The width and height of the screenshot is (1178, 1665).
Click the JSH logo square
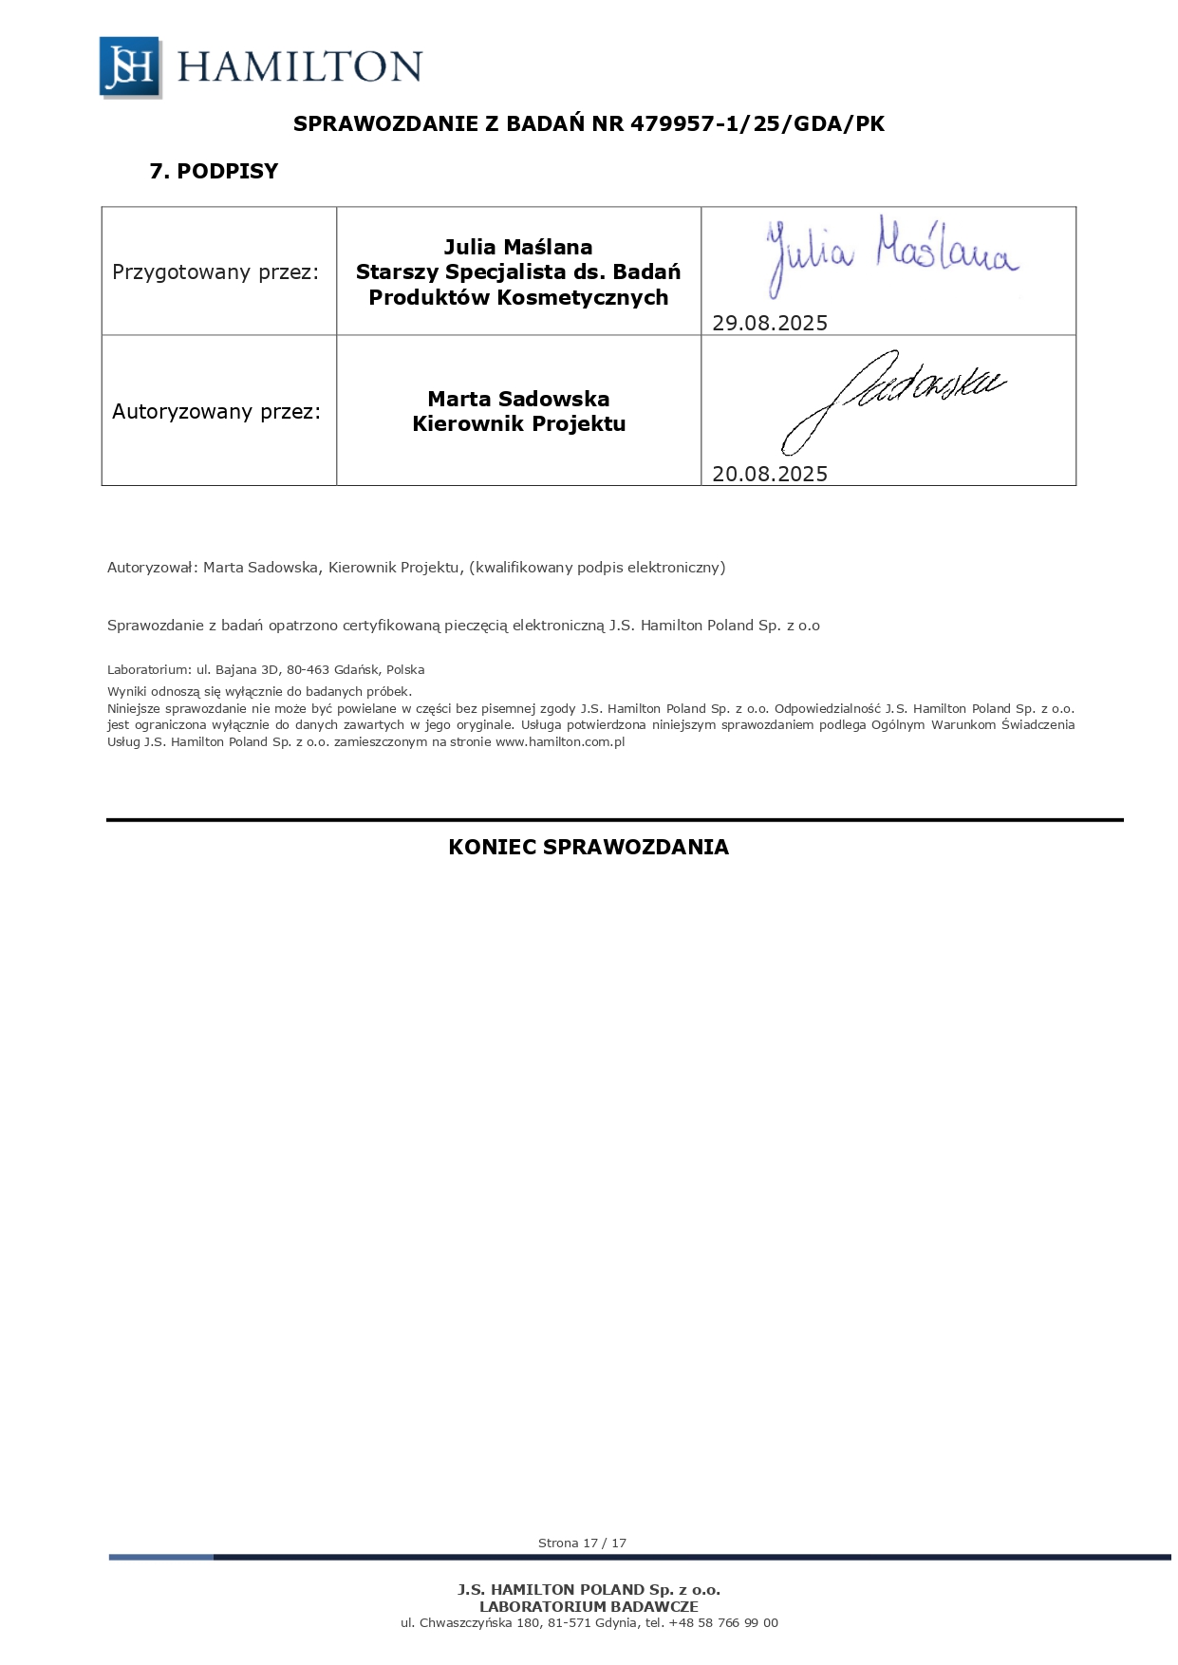click(130, 67)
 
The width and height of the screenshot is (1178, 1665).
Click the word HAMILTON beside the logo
click(299, 67)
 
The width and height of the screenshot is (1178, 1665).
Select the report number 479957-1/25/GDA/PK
click(757, 123)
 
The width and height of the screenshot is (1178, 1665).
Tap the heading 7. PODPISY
click(214, 172)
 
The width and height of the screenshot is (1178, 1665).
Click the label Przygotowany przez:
click(215, 272)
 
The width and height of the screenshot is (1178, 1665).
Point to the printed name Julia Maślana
click(518, 247)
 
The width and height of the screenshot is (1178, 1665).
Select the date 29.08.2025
click(770, 324)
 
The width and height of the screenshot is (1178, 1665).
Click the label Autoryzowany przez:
click(216, 412)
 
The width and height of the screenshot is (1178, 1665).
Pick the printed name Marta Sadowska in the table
click(518, 399)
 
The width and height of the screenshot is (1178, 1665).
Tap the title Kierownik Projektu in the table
click(518, 424)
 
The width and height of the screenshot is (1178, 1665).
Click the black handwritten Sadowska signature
click(892, 399)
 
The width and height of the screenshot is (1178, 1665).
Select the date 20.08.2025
click(770, 475)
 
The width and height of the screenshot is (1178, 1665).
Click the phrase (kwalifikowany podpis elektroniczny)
click(597, 568)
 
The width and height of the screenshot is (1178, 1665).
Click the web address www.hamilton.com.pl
click(560, 742)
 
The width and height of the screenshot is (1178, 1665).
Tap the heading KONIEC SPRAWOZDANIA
click(589, 848)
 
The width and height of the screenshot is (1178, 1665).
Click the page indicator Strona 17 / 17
click(582, 1543)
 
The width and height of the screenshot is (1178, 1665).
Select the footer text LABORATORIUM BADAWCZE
click(589, 1607)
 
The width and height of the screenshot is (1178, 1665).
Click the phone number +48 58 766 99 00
click(723, 1623)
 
